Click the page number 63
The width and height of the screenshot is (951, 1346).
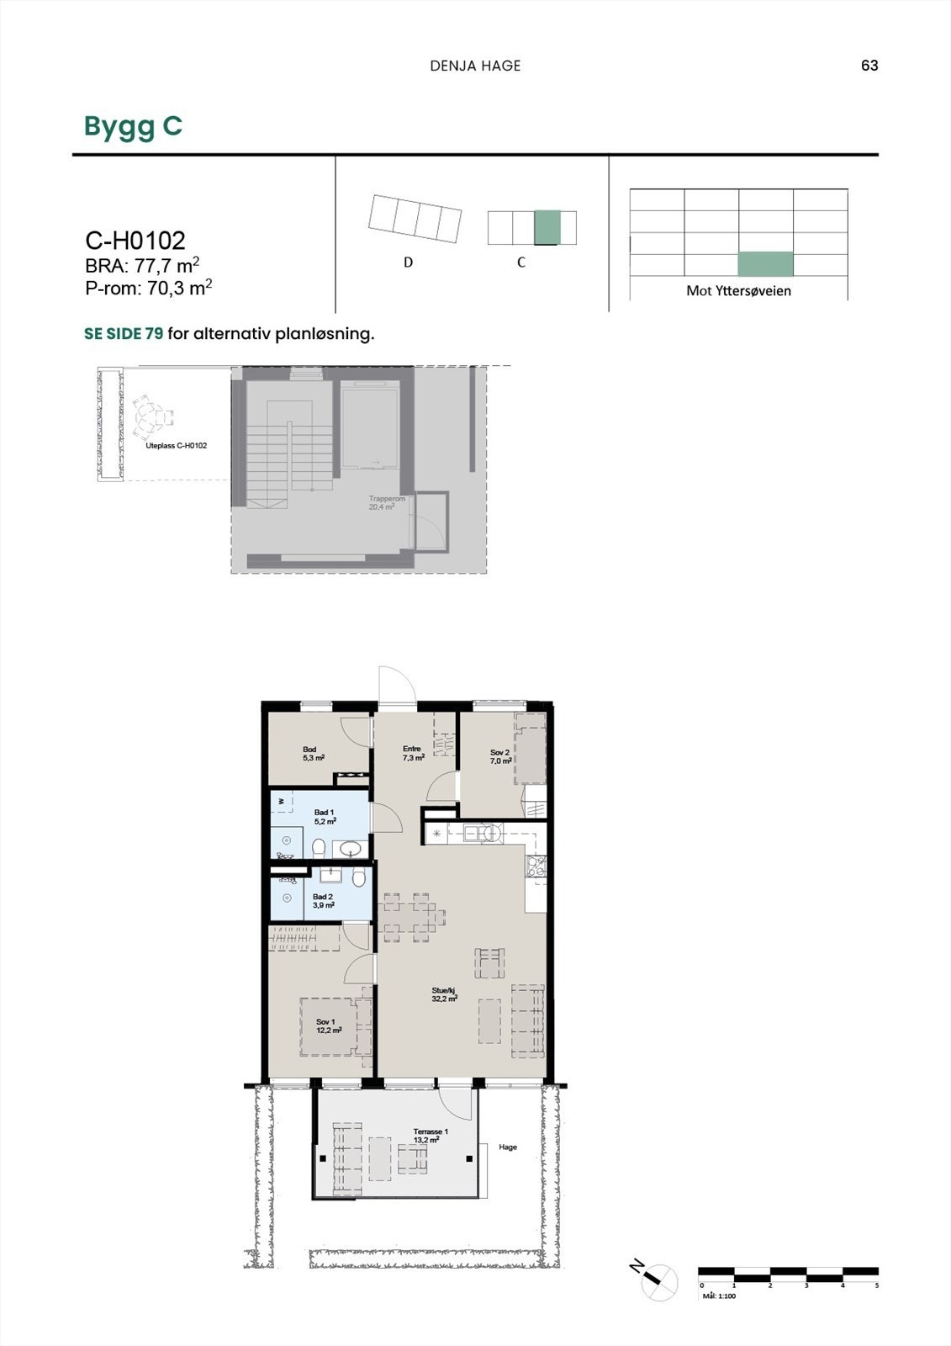coord(869,66)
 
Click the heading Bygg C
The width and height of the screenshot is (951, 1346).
coord(133,126)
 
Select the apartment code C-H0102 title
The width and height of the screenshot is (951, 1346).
coord(135,241)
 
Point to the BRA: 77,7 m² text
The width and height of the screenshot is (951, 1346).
coord(142,266)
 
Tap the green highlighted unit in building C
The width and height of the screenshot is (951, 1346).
coord(547,227)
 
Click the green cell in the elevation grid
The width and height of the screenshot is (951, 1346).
coord(765,264)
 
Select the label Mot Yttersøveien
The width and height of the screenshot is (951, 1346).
coord(738,291)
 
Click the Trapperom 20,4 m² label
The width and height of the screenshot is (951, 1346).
coord(387,503)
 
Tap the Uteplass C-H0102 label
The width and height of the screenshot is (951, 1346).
coord(177,446)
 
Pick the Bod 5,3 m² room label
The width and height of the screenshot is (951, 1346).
coord(313,754)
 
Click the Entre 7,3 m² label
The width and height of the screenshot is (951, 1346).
coord(413,753)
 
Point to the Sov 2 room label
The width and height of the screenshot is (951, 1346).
coord(500,756)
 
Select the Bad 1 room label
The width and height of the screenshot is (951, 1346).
coord(325,817)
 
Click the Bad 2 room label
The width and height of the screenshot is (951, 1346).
coord(323,901)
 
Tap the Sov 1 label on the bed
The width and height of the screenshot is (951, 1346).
coord(328,1025)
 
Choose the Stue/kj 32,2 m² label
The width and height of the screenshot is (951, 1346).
coord(444,995)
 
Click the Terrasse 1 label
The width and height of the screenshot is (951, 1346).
coord(431,1136)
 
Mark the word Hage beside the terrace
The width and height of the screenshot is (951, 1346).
coord(508,1147)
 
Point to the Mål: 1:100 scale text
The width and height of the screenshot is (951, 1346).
coord(719,1296)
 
